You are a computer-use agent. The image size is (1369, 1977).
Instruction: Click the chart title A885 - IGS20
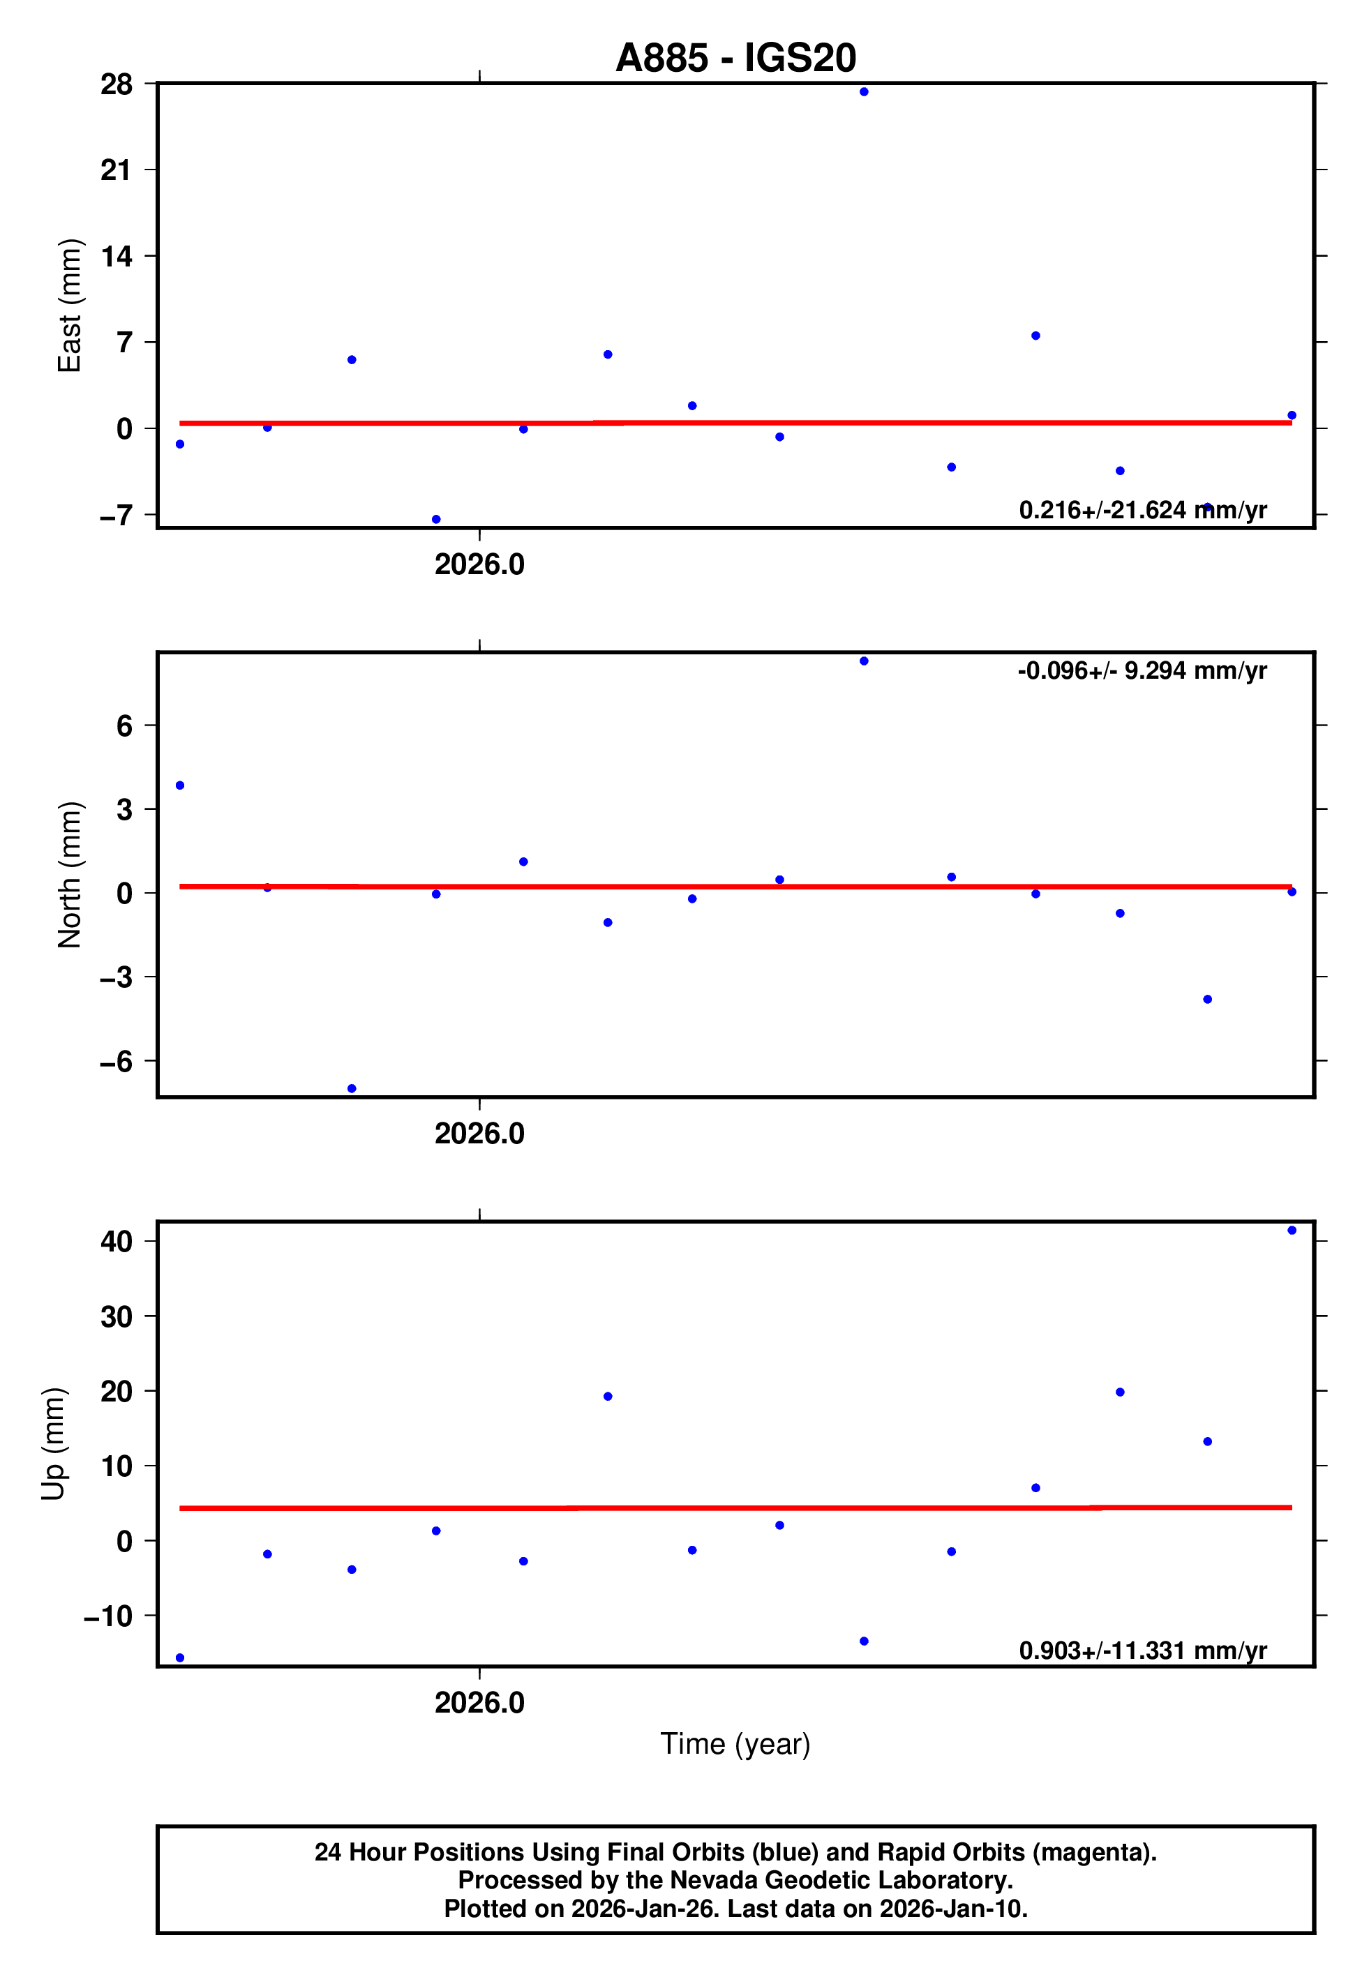(735, 57)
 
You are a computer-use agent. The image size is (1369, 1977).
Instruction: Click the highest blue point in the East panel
(864, 91)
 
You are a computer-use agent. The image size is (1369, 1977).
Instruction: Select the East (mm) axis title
(68, 306)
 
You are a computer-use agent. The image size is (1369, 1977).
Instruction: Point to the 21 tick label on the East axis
(117, 170)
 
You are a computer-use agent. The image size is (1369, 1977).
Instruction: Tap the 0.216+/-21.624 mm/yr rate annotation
(1142, 510)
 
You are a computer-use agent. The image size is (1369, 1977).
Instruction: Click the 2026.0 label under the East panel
(479, 564)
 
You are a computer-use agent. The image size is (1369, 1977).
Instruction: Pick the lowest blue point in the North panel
(352, 1089)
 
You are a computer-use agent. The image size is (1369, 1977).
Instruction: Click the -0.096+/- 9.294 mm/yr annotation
(1142, 670)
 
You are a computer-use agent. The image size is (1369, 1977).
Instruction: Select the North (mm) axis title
(68, 875)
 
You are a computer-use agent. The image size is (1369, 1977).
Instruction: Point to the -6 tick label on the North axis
(117, 1061)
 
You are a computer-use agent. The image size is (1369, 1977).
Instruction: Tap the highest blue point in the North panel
(864, 661)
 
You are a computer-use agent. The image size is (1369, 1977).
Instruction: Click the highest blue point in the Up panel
(1292, 1231)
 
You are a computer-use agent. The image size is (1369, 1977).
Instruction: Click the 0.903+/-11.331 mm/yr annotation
(1142, 1651)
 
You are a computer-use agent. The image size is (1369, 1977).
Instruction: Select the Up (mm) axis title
(53, 1444)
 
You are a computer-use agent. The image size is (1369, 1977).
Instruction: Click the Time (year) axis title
(735, 1744)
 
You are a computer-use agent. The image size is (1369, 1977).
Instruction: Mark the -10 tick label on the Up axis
(108, 1616)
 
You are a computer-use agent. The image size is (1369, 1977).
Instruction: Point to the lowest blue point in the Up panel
(180, 1658)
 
